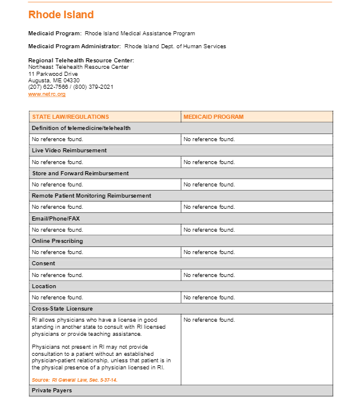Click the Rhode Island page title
tap(61, 15)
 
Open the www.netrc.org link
tap(47, 94)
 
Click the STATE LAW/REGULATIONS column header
tap(71, 117)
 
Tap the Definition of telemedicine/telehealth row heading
tap(81, 128)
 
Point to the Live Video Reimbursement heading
tap(69, 151)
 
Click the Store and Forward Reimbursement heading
tap(80, 174)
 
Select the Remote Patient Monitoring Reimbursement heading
tap(91, 196)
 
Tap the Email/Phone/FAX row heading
tap(56, 219)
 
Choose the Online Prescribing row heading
tap(57, 241)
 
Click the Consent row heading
tap(44, 263)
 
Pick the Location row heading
tap(44, 286)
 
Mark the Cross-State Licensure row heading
tap(62, 309)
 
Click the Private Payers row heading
tap(52, 390)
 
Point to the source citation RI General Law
tap(75, 380)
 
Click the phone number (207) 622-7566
tap(48, 87)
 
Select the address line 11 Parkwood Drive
tap(53, 74)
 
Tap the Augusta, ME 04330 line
tap(54, 81)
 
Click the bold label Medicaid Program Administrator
tap(75, 46)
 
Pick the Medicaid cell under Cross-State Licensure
tap(209, 320)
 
